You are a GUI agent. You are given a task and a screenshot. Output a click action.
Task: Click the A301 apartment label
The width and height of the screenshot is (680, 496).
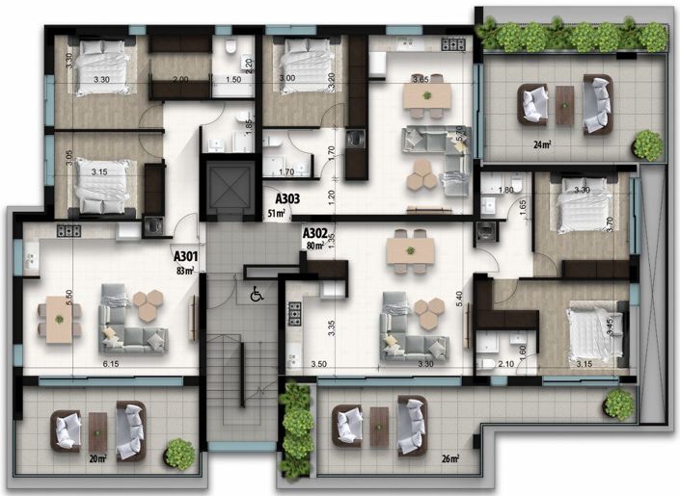click(185, 257)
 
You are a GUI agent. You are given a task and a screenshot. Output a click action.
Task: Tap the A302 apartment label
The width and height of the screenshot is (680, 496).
click(314, 233)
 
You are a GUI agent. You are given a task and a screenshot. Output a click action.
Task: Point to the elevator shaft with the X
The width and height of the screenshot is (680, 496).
click(228, 186)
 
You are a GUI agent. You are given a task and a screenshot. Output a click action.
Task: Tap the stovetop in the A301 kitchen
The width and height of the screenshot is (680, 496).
click(68, 231)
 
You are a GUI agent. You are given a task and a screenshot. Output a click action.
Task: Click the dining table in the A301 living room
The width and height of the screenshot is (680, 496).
click(59, 318)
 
